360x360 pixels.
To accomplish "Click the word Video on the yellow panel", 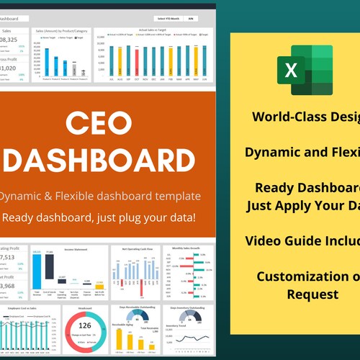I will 264,240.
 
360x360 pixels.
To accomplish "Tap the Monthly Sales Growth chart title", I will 187,248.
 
